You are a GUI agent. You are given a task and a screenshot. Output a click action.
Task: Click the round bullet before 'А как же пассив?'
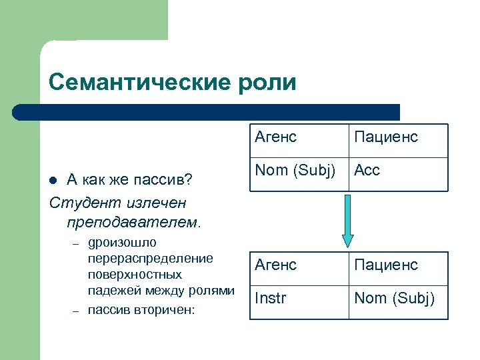click(x=56, y=179)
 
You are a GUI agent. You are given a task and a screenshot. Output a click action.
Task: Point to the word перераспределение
click(x=150, y=259)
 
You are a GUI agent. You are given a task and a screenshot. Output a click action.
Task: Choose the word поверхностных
click(x=135, y=275)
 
